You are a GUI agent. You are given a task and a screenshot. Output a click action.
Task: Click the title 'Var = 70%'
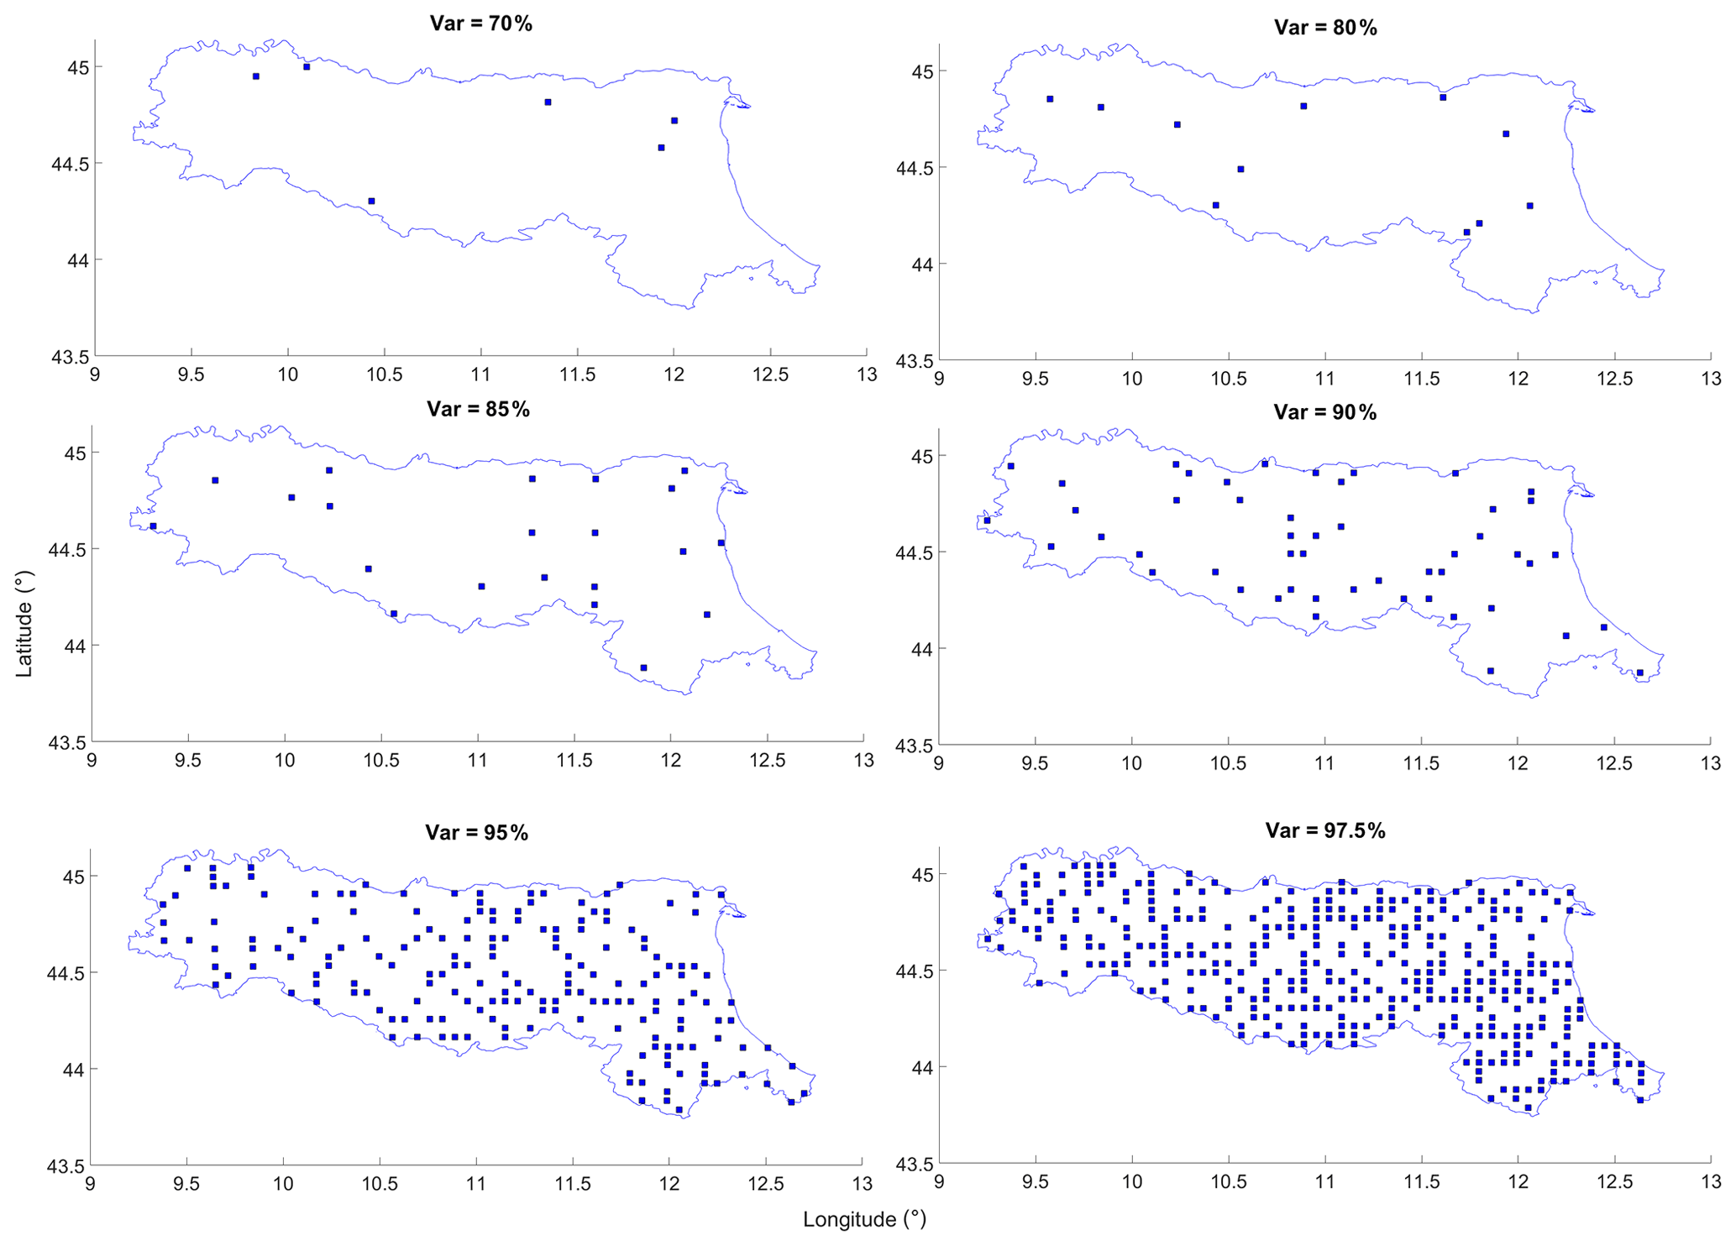pos(480,24)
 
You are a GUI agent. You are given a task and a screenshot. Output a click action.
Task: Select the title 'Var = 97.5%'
pos(1325,830)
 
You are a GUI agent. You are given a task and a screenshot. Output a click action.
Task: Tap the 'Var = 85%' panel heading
pos(478,409)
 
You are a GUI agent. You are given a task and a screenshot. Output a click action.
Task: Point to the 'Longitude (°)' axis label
pos(864,1219)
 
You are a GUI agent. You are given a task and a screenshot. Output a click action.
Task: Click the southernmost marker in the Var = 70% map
pos(371,201)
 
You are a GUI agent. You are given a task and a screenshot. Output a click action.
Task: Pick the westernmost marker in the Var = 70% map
pos(256,76)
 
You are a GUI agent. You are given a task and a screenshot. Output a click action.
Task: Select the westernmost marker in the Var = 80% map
pos(1050,99)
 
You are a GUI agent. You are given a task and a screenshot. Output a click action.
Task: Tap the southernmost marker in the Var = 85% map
pos(643,667)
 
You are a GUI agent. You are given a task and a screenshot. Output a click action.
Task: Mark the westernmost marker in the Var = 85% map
pos(153,526)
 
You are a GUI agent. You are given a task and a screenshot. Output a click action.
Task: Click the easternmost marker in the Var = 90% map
pos(1639,673)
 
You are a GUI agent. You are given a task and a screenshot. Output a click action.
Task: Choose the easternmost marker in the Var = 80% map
pos(1529,206)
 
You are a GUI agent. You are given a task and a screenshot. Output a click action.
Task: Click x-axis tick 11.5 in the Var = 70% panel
pos(577,374)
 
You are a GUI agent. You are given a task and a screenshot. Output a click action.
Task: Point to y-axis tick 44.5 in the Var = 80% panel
pos(911,168)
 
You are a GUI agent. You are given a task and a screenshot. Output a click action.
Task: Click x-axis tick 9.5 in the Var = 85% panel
pos(188,760)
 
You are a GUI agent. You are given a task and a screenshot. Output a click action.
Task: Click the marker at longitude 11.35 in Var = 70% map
pos(548,102)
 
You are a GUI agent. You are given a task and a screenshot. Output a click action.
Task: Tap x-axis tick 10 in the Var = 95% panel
pos(283,1185)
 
